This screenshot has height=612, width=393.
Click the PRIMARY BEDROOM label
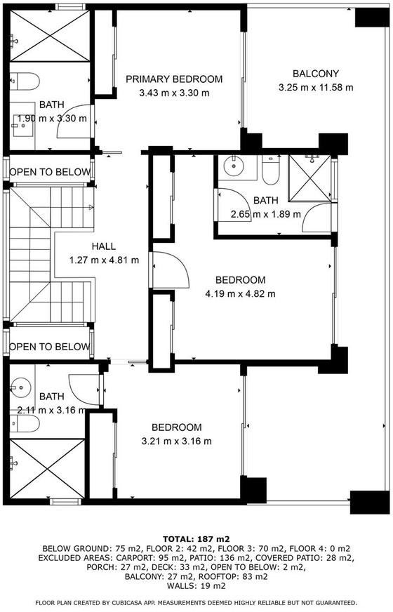174,79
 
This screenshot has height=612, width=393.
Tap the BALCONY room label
316,74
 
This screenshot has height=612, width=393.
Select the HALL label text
104,246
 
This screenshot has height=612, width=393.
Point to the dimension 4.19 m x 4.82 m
241,293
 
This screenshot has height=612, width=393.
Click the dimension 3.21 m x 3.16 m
176,441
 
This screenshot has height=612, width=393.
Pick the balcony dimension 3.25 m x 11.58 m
316,88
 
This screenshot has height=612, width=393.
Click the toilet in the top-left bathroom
25,81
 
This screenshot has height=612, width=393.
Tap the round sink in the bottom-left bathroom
20,387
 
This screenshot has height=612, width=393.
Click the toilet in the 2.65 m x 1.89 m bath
271,170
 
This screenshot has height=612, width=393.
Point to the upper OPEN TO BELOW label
50,172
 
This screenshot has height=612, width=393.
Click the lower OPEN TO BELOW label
50,347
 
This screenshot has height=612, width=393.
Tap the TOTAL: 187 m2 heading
196,540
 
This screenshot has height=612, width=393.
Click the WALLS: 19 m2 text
196,586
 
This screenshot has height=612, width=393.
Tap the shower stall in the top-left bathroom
50,36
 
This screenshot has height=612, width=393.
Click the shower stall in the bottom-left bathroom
47,469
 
